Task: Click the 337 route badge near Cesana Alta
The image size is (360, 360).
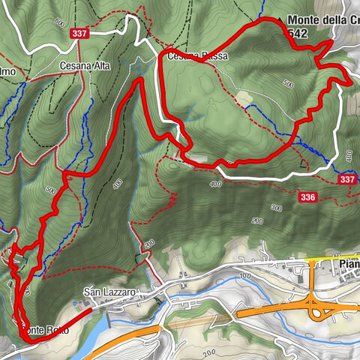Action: click(x=80, y=34)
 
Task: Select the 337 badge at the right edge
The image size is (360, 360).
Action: click(x=346, y=180)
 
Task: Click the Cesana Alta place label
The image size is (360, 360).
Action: click(x=85, y=66)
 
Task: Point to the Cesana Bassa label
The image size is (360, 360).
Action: click(x=196, y=56)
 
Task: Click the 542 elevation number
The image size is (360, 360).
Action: click(x=296, y=34)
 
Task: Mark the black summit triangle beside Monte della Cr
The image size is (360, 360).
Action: click(x=280, y=20)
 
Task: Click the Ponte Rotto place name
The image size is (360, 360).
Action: click(x=43, y=330)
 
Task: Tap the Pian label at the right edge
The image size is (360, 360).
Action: click(x=348, y=265)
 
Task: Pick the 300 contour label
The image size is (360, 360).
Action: click(x=276, y=208)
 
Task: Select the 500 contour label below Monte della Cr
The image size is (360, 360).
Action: click(x=289, y=84)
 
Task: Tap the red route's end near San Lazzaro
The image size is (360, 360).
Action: click(x=91, y=309)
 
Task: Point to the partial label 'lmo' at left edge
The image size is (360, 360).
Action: click(x=7, y=72)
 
